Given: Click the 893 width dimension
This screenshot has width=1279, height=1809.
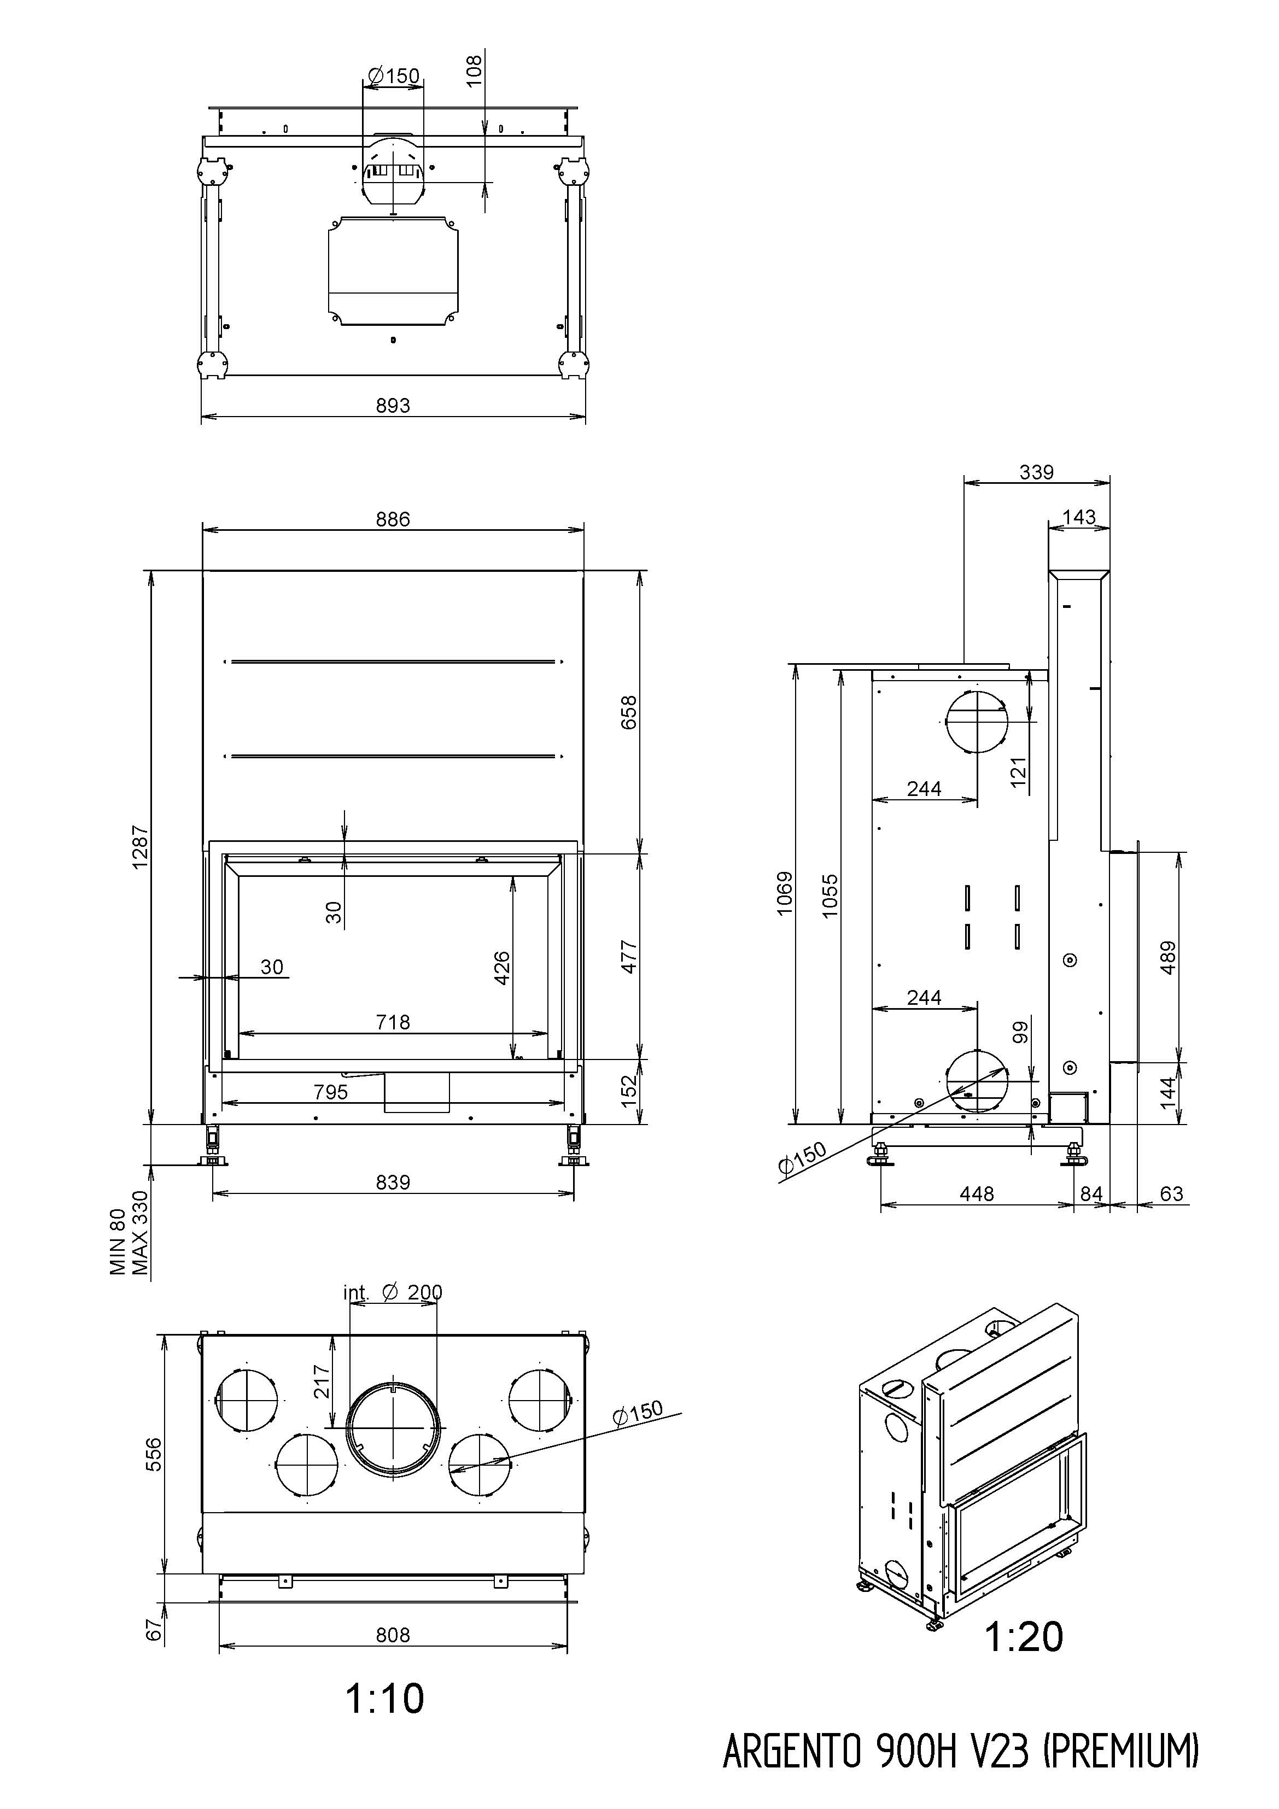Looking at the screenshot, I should coord(393,405).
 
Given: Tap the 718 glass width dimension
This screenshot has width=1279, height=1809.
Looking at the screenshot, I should coord(393,1022).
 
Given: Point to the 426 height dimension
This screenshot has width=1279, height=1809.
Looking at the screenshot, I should coord(502,968).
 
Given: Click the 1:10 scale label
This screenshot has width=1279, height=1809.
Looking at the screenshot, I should coord(384,1698).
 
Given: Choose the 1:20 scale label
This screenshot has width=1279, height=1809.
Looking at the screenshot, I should coord(1024,1636).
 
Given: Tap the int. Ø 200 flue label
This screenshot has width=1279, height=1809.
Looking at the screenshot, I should coord(393,1293).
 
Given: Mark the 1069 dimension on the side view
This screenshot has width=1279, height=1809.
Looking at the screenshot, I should coord(785,893).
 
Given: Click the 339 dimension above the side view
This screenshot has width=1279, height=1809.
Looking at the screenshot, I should coord(1036,472).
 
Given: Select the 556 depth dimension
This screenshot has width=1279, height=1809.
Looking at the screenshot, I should coord(154,1454).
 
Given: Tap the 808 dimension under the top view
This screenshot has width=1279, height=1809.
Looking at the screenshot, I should coord(393,1635).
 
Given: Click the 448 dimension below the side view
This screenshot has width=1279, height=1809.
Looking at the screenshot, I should coord(977,1193).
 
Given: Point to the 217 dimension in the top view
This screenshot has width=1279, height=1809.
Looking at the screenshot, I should coord(322,1380).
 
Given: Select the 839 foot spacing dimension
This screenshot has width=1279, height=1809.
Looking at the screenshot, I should coord(393,1182).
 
